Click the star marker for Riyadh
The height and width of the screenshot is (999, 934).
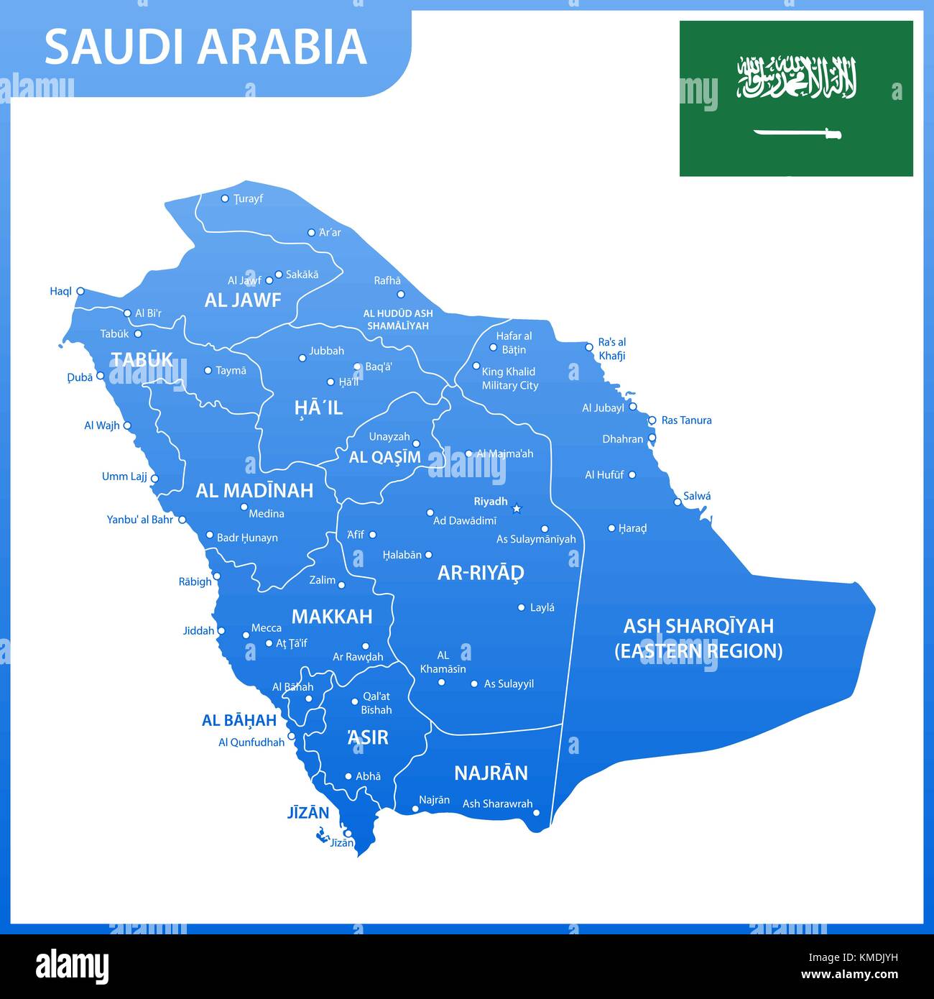coord(516,509)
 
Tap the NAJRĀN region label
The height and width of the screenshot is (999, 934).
coord(491,773)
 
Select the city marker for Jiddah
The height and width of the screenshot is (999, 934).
coord(221,631)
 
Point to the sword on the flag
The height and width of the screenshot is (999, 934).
coord(797,133)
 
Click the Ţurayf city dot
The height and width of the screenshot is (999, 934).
coord(225,198)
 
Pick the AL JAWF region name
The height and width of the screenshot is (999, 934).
coord(243,300)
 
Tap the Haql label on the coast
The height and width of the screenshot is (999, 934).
coord(60,291)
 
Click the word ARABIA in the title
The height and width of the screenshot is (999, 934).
coord(282,47)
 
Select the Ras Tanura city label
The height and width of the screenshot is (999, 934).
coord(686,420)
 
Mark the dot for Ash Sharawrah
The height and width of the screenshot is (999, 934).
coord(536,813)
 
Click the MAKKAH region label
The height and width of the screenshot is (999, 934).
coord(332,616)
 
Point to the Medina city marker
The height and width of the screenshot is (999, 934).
coord(244,507)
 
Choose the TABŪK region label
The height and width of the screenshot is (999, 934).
coord(142,359)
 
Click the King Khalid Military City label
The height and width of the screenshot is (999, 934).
coord(509,379)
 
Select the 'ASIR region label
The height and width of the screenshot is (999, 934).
coord(367,737)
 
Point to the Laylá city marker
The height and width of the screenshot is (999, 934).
coord(522,607)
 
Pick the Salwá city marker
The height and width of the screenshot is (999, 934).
coord(678,502)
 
